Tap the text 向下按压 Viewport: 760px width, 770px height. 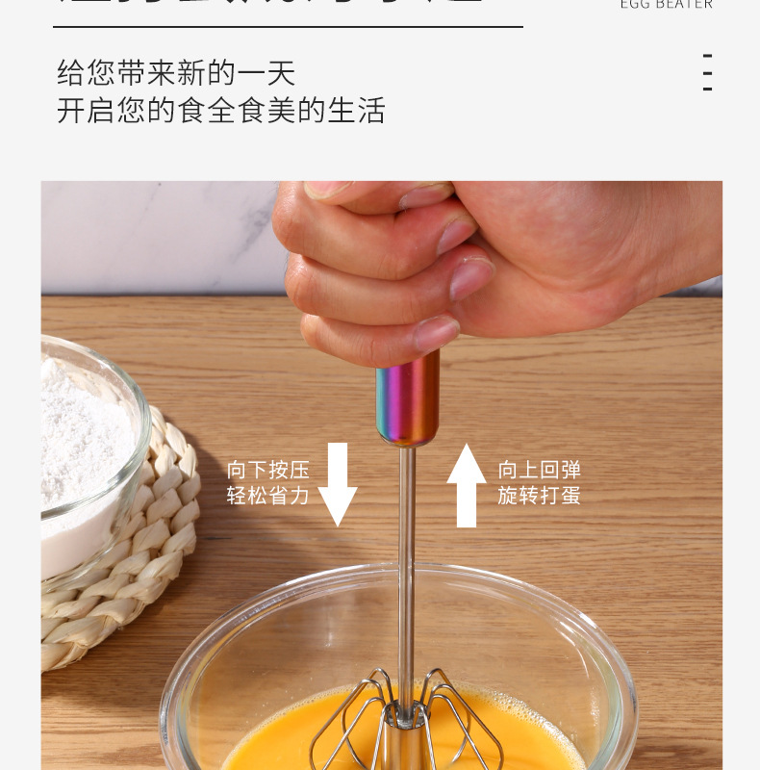(268, 470)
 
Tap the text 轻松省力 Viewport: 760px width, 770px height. (268, 496)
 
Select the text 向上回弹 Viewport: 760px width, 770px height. (540, 470)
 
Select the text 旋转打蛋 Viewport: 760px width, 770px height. (540, 496)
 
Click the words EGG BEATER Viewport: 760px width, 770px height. (666, 5)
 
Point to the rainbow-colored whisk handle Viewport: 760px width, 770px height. (408, 398)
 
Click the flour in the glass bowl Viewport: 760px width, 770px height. (82, 443)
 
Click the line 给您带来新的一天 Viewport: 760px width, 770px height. (176, 72)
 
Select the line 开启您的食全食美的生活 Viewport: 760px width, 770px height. (220, 110)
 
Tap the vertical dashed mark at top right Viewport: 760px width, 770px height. (707, 72)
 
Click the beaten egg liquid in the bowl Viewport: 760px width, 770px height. (289, 741)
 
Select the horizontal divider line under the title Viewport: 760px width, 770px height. (288, 27)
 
